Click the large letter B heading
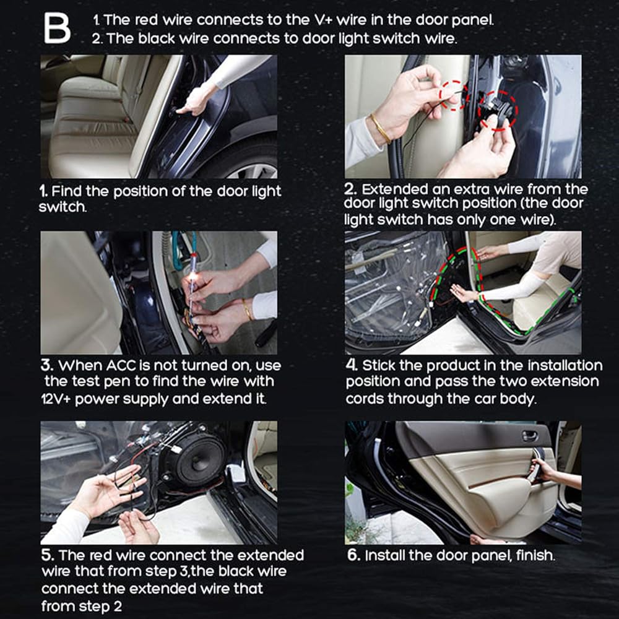[x=57, y=28]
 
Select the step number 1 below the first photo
[x=43, y=191]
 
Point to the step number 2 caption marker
[x=350, y=189]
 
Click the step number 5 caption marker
[x=48, y=555]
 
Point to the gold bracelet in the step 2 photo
[x=381, y=128]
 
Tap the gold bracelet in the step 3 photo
[x=248, y=309]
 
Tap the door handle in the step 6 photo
[x=529, y=436]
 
